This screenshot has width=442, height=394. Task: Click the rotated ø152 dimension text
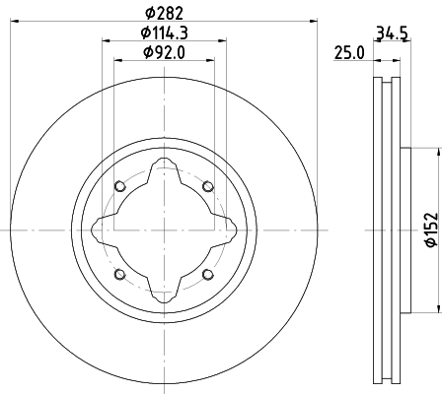coord(430,230)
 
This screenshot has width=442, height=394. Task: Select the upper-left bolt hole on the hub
coord(120,187)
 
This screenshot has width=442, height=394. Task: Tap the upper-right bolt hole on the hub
coord(207,187)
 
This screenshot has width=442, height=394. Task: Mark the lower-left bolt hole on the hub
coord(120,274)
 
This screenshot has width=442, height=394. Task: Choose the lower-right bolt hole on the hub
coord(207,274)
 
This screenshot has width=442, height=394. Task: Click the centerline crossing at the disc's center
coord(164,230)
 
